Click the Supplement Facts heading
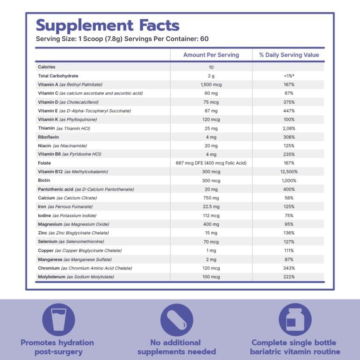pyautogui.click(x=108, y=25)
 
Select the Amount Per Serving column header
pyautogui.click(x=211, y=55)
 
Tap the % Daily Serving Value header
pyautogui.click(x=289, y=55)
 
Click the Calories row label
pyautogui.click(x=47, y=67)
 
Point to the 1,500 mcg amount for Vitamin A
pyautogui.click(x=211, y=85)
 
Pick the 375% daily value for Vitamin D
pyautogui.click(x=289, y=102)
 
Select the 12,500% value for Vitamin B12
pyautogui.click(x=289, y=172)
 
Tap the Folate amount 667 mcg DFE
pyautogui.click(x=211, y=163)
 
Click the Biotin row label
pyautogui.click(x=44, y=180)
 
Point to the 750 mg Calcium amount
pyautogui.click(x=211, y=198)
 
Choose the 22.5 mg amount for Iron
pyautogui.click(x=211, y=207)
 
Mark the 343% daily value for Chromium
pyautogui.click(x=289, y=268)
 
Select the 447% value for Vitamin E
pyautogui.click(x=289, y=111)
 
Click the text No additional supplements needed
pyautogui.click(x=177, y=347)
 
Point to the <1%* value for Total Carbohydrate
pyautogui.click(x=289, y=76)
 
